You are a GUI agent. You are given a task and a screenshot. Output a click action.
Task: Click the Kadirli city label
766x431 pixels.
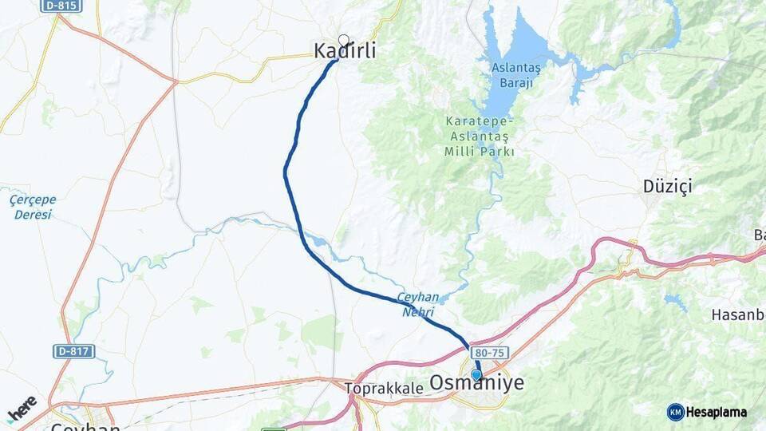(345, 51)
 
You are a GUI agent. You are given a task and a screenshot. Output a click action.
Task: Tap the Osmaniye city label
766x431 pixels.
(477, 384)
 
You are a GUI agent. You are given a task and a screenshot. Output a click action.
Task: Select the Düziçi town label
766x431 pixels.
(667, 187)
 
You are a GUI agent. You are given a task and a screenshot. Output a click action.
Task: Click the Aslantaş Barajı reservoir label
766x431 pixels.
(515, 75)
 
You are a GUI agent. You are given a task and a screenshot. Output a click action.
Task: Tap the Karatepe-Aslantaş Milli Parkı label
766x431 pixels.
(480, 136)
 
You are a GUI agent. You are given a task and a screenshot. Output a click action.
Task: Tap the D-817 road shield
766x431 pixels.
(74, 351)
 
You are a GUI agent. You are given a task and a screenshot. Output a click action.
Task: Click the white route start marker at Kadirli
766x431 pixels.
(344, 40)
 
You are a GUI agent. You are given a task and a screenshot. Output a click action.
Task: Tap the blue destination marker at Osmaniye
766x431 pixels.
(476, 374)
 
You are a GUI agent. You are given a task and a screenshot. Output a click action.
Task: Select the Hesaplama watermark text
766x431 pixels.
(717, 412)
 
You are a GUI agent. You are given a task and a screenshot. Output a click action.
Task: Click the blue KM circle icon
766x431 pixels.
(675, 412)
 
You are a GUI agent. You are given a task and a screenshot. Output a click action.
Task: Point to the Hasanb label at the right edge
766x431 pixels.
(737, 314)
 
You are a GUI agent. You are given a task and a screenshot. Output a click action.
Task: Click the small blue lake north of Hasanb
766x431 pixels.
(676, 302)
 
